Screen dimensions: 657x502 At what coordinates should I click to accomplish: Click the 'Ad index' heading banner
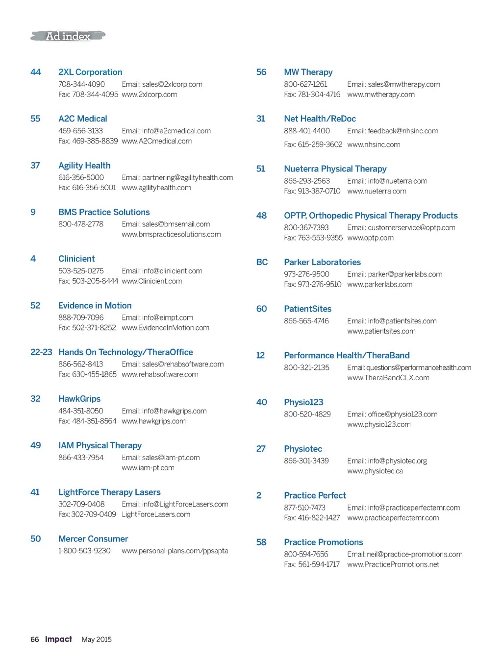[68, 36]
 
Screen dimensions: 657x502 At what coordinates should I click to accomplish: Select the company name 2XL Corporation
[90, 72]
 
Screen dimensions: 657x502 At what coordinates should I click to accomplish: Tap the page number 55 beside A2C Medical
[35, 119]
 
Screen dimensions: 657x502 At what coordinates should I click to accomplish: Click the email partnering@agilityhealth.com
[177, 177]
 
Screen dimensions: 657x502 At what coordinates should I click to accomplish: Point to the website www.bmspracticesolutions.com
[171, 234]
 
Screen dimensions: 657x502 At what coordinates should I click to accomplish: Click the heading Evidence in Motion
[95, 305]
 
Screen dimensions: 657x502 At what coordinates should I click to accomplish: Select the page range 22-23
[41, 352]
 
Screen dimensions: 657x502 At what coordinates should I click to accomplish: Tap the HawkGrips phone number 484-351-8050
[81, 411]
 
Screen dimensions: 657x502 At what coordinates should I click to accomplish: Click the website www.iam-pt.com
[148, 468]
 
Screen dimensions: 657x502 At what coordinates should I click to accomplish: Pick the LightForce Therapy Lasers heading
[109, 492]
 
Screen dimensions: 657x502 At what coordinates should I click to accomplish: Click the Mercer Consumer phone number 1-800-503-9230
[84, 551]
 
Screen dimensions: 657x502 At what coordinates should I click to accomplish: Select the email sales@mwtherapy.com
[394, 84]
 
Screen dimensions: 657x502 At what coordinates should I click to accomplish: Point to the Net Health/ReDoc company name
[320, 119]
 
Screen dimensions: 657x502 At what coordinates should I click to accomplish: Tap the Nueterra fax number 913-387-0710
[312, 191]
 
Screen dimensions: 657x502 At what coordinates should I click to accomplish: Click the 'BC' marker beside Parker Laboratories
[262, 262]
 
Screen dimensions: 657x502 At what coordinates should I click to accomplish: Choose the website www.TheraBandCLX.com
[388, 378]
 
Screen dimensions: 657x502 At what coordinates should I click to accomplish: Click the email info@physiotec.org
[387, 461]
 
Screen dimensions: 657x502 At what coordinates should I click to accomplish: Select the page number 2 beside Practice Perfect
[259, 495]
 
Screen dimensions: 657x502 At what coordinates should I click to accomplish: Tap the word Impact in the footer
[58, 639]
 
